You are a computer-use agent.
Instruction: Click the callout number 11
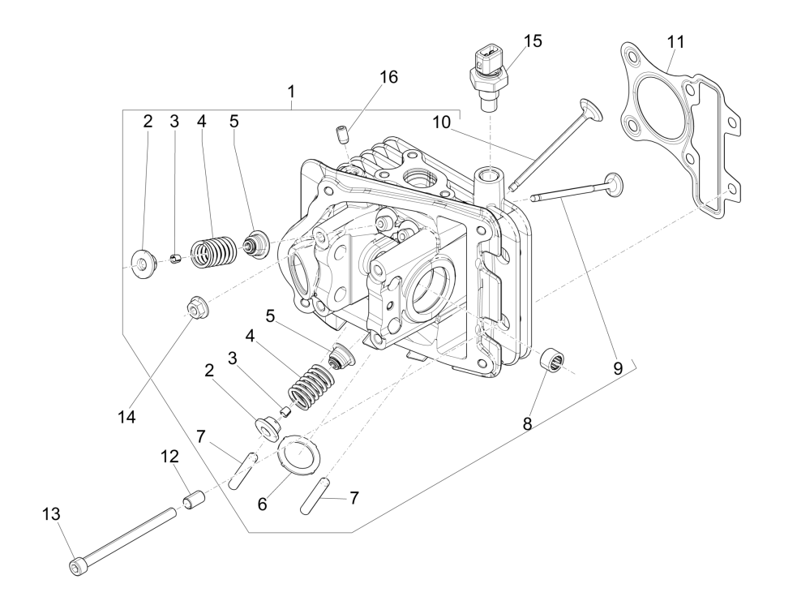[x=675, y=40]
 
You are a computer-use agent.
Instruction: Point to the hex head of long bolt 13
[x=75, y=566]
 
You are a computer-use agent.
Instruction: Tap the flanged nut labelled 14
[x=195, y=308]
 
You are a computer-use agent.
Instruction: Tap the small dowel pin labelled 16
[x=341, y=131]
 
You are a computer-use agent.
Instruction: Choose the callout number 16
[x=389, y=77]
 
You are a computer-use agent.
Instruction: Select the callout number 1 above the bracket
[x=291, y=92]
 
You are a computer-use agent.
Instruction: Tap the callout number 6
[x=262, y=503]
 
